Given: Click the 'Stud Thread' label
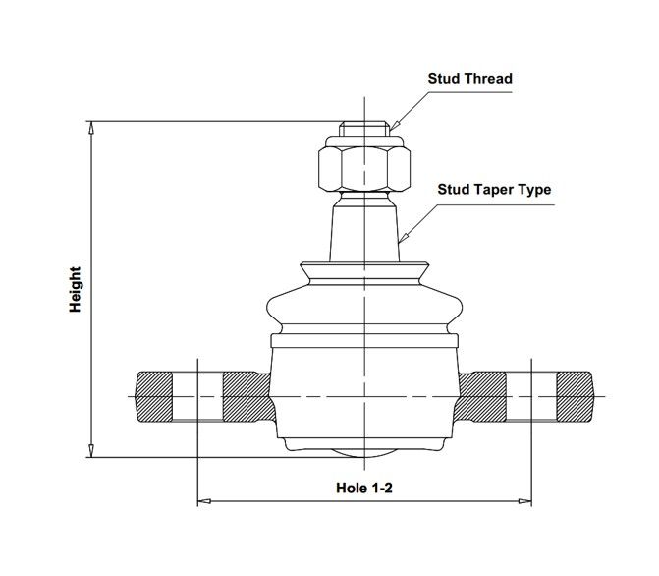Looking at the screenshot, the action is coord(469,79).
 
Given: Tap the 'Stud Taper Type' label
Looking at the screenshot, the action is coord(494,190).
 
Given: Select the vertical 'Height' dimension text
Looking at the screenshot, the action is coord(76,289).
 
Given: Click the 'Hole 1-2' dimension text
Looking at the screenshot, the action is coord(364,488).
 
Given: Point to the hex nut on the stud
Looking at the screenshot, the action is coord(364,168).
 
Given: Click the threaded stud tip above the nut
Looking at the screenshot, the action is coord(364,129).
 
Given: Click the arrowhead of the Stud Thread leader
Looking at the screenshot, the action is coord(393,126).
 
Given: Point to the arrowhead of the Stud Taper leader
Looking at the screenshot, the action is coord(402,239).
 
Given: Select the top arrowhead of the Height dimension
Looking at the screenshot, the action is coord(91,128).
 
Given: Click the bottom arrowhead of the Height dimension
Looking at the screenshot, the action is coord(91,450).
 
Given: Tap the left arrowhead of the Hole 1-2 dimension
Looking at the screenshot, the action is coord(204,501).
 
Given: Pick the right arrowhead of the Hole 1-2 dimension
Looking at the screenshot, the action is coord(524,501).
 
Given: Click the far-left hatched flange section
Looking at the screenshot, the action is coord(154,397).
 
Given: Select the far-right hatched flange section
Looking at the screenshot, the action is coord(575,397).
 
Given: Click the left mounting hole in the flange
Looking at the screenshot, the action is coord(197,397).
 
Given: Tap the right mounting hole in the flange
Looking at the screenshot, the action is coord(531,397).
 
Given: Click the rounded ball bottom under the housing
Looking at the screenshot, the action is coord(364,453).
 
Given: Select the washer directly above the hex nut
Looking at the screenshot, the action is coord(364,141).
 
